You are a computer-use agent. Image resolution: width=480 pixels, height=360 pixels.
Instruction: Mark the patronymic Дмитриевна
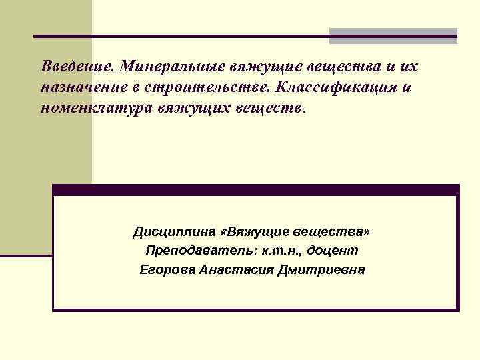coord(324,270)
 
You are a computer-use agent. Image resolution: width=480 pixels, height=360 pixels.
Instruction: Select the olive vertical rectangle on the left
coord(45,127)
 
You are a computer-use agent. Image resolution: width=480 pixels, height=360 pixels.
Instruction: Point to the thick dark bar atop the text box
coord(255,189)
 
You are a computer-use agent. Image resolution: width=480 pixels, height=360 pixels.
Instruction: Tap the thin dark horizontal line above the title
coord(180,35)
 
